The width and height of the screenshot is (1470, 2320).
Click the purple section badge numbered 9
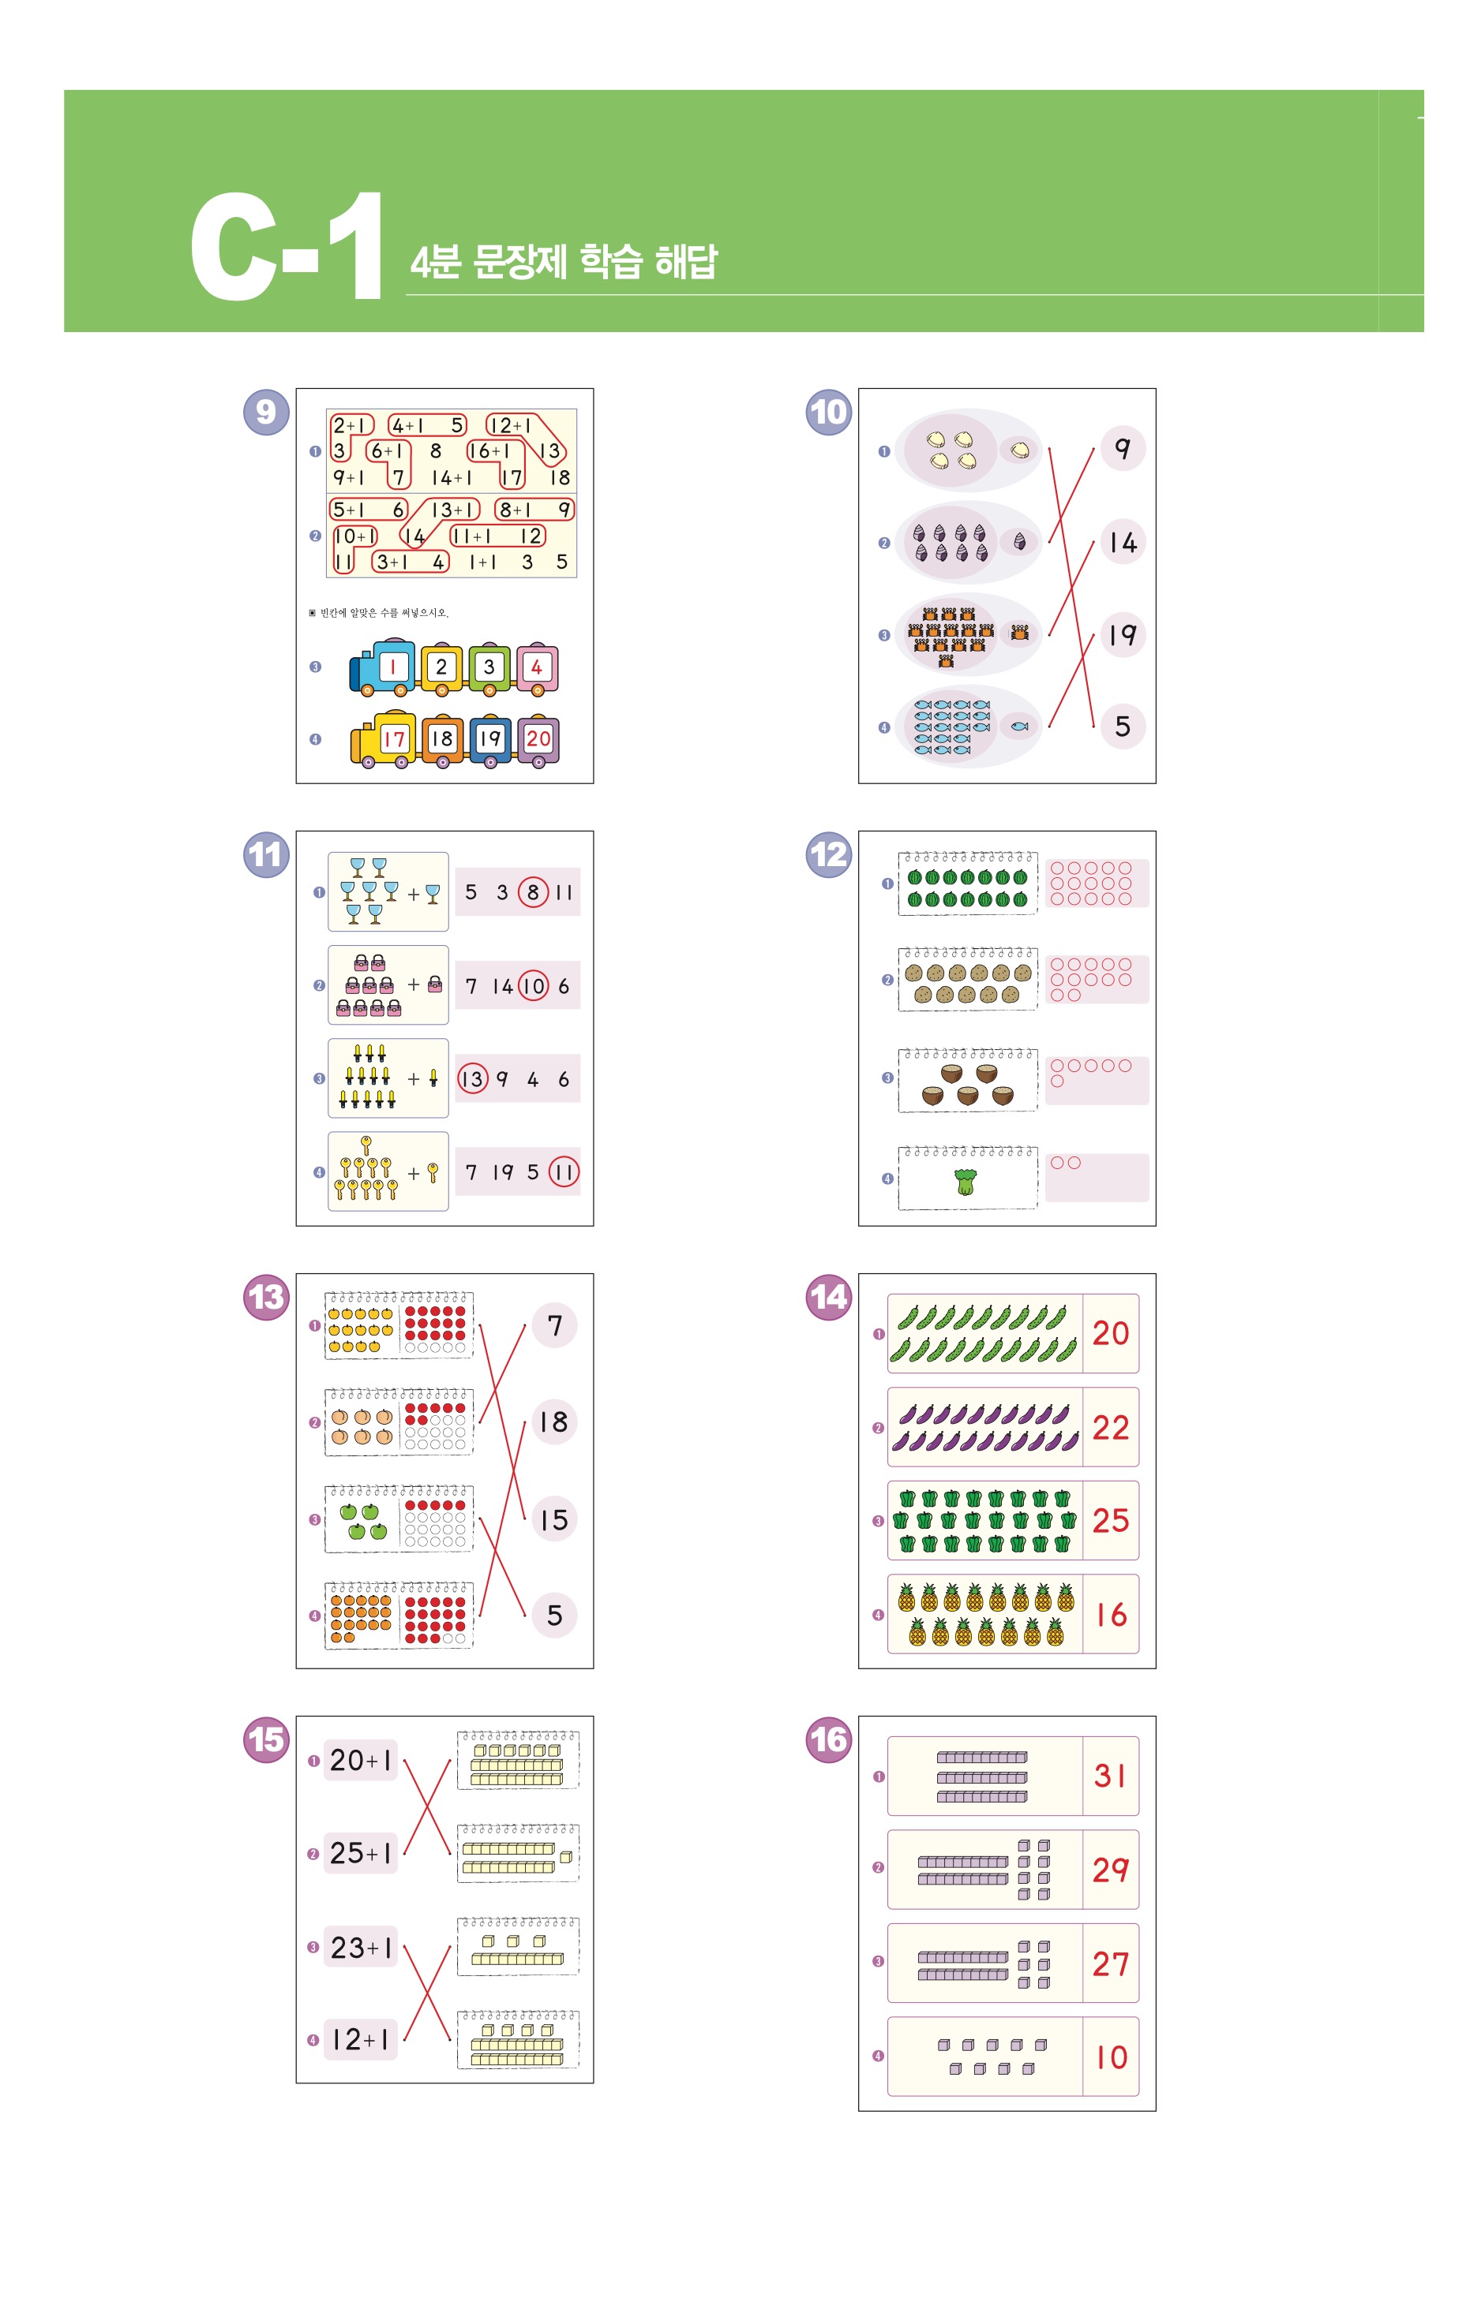pyautogui.click(x=266, y=413)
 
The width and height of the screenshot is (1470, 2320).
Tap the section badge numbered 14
pyautogui.click(x=828, y=1298)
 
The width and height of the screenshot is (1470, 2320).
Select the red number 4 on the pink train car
pyautogui.click(x=537, y=667)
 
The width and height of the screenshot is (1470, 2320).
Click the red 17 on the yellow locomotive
pyautogui.click(x=393, y=739)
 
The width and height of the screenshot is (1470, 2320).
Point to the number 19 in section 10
pyautogui.click(x=1122, y=635)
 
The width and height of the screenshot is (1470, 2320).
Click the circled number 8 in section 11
pyautogui.click(x=533, y=892)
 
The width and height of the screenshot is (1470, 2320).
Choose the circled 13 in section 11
pyautogui.click(x=472, y=1079)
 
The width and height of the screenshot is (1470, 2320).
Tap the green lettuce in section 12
pyautogui.click(x=965, y=1181)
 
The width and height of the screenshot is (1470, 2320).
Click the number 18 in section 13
pyautogui.click(x=553, y=1422)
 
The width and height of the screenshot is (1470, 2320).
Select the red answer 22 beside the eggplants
pyautogui.click(x=1111, y=1427)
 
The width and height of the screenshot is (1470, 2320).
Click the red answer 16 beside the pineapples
pyautogui.click(x=1111, y=1615)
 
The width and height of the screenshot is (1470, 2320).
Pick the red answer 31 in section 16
pyautogui.click(x=1111, y=1776)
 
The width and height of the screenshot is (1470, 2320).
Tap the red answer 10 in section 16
pyautogui.click(x=1111, y=2058)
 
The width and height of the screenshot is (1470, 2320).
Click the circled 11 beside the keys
pyautogui.click(x=564, y=1172)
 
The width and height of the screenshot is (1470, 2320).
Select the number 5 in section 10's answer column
pyautogui.click(x=1122, y=727)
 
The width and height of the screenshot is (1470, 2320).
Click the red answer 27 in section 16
pyautogui.click(x=1111, y=1963)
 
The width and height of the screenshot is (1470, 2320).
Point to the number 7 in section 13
pyautogui.click(x=554, y=1326)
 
